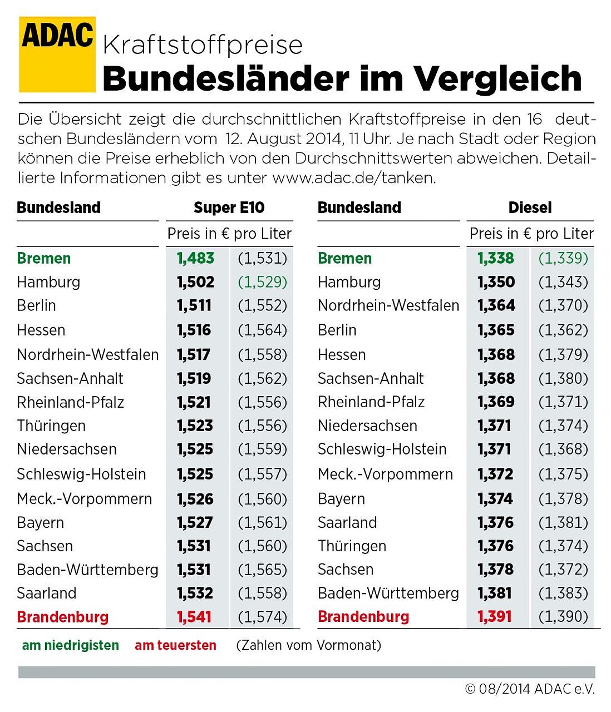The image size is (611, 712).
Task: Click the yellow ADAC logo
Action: pyautogui.click(x=57, y=54)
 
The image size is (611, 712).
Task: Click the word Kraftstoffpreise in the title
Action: pyautogui.click(x=203, y=44)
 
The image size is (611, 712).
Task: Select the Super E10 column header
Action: pyautogui.click(x=229, y=207)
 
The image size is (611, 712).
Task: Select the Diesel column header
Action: pyautogui.click(x=530, y=207)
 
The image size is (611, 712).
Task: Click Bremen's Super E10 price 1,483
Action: pyautogui.click(x=195, y=258)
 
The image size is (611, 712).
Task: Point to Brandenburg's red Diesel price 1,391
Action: pyautogui.click(x=495, y=616)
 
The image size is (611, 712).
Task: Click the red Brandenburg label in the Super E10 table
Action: pyautogui.click(x=63, y=617)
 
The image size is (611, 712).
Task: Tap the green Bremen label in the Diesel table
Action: pyautogui.click(x=344, y=258)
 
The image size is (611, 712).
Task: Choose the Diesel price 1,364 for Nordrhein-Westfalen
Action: pyautogui.click(x=496, y=305)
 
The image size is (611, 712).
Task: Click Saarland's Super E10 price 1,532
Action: pyautogui.click(x=195, y=593)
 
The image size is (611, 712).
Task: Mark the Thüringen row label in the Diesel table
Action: pyautogui.click(x=352, y=546)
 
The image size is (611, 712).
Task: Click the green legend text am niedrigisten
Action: pyautogui.click(x=71, y=645)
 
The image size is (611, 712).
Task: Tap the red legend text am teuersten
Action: pyautogui.click(x=175, y=645)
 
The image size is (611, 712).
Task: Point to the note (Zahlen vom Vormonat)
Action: pyautogui.click(x=309, y=645)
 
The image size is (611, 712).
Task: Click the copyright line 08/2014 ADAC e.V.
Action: pyautogui.click(x=530, y=689)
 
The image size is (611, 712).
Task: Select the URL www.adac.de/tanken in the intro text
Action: pyautogui.click(x=353, y=178)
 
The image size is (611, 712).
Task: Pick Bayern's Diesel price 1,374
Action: pyautogui.click(x=495, y=498)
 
